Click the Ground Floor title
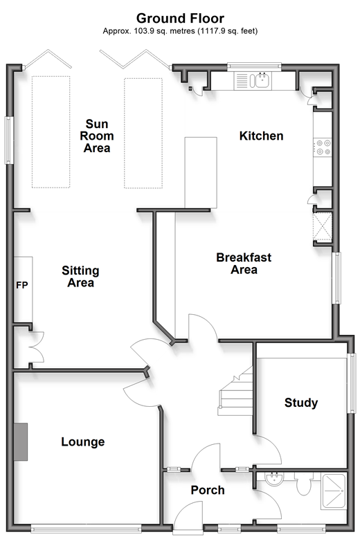180,18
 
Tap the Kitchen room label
261,136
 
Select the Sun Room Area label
97,136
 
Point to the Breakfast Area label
244,264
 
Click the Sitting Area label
80,276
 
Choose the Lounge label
83,441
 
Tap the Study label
301,403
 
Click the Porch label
208,490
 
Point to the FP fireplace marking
22,285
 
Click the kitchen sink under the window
253,81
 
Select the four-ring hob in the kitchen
323,147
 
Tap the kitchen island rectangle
201,172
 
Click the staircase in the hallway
236,391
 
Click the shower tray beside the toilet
333,491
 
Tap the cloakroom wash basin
274,479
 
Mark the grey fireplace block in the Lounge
21,441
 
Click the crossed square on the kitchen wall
323,227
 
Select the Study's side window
351,383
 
